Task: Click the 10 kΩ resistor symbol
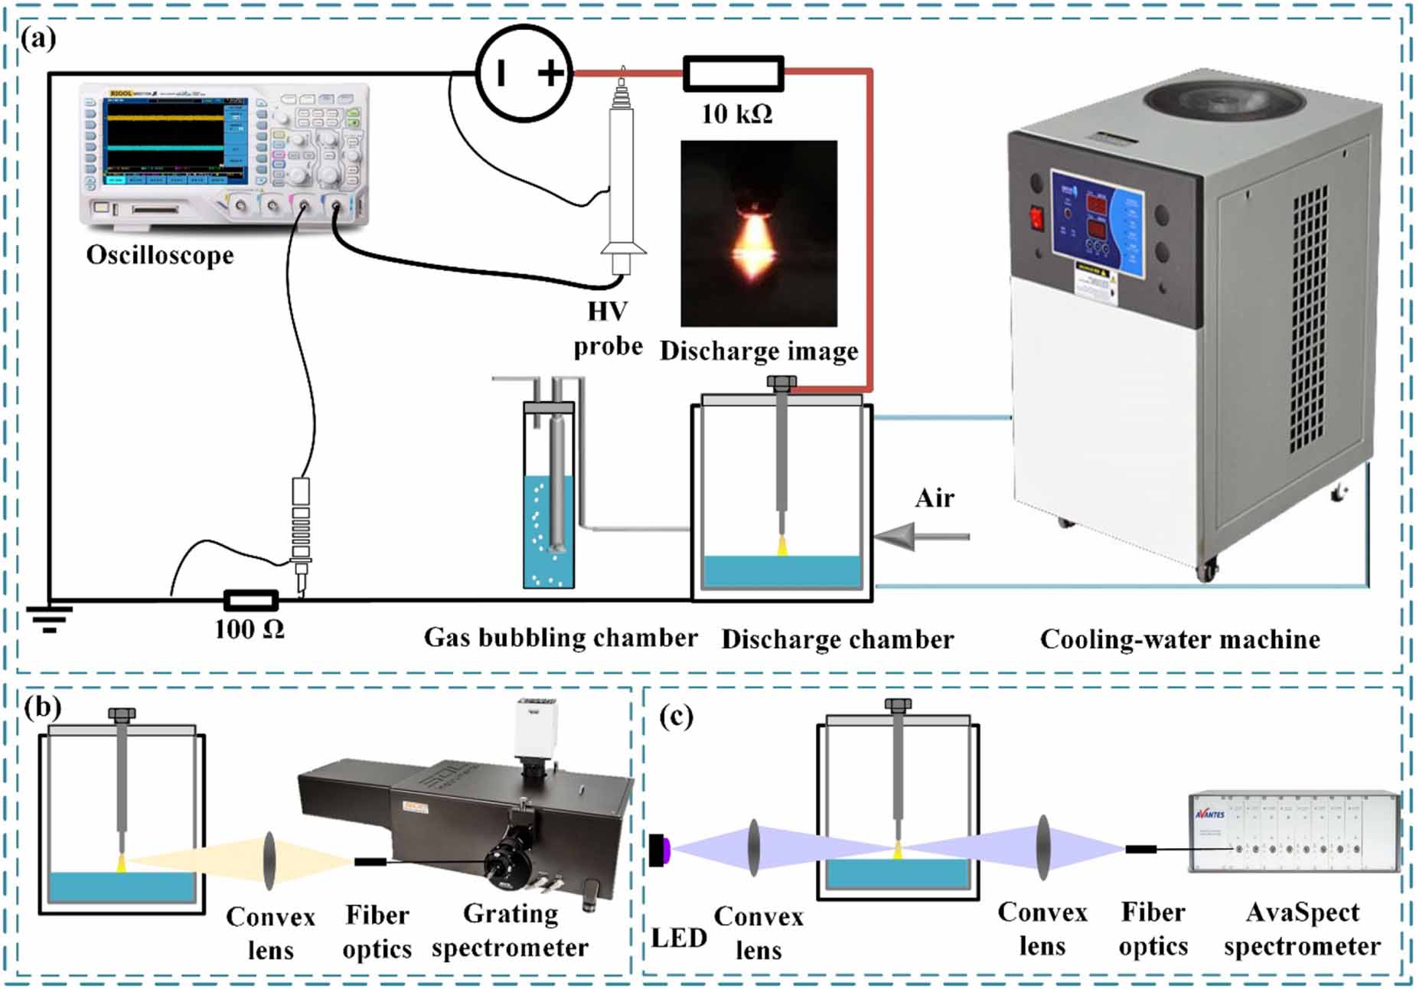[732, 73]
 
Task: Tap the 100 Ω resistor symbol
[250, 599]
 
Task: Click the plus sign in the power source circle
[550, 73]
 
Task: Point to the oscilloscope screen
[164, 138]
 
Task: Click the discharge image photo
[759, 233]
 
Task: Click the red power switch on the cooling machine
[1037, 218]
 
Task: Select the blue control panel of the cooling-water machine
[1098, 222]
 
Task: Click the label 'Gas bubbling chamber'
[560, 638]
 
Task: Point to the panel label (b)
[42, 707]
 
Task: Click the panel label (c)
[676, 716]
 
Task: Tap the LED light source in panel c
[659, 850]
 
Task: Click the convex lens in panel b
[269, 861]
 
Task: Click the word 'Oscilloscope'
[159, 255]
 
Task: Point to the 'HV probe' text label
[608, 329]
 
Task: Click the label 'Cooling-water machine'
[1179, 639]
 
